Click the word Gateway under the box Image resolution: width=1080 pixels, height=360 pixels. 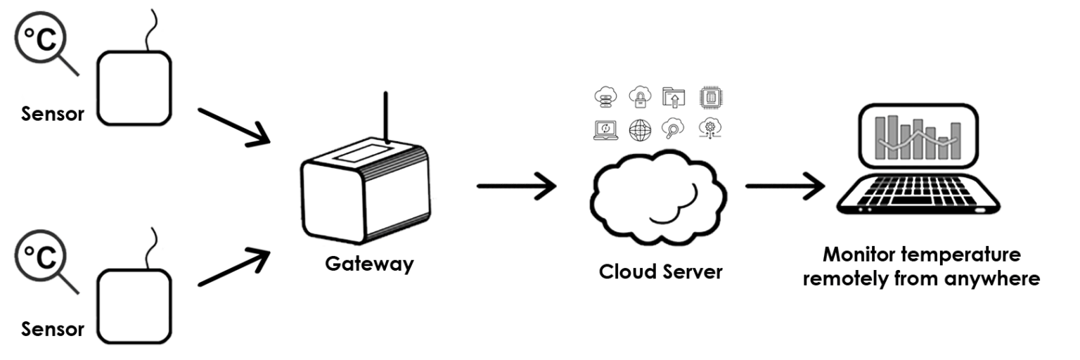pyautogui.click(x=369, y=265)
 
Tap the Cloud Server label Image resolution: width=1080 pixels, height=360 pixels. pyautogui.click(x=660, y=271)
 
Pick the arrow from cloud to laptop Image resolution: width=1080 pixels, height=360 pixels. pyautogui.click(x=784, y=186)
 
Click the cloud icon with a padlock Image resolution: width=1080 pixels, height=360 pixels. pyautogui.click(x=641, y=97)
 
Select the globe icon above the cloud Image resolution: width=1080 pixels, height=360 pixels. pyautogui.click(x=641, y=128)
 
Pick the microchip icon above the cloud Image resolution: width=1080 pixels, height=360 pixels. pyautogui.click(x=710, y=97)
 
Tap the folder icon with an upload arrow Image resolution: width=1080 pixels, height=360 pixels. pyautogui.click(x=674, y=97)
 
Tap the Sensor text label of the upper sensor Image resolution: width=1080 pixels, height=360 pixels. pyautogui.click(x=53, y=115)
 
